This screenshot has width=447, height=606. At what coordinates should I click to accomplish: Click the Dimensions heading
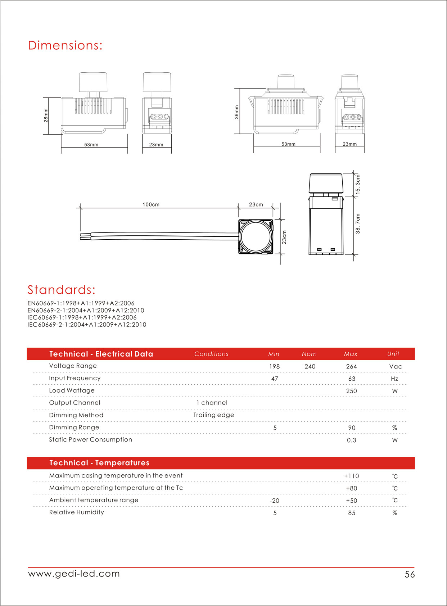point(65,45)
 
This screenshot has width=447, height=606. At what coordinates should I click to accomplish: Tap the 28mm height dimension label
point(46,116)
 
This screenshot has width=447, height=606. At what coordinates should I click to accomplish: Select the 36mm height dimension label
point(236,112)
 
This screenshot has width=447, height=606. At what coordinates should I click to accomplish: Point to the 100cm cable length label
point(151,204)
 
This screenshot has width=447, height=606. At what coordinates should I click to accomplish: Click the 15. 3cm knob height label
point(358,185)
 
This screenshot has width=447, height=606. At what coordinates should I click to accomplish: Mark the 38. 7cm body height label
point(358,224)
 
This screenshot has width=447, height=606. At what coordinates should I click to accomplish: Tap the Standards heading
point(62,290)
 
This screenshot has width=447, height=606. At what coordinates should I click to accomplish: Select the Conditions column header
point(211,354)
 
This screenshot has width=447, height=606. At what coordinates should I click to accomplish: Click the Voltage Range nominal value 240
point(310,366)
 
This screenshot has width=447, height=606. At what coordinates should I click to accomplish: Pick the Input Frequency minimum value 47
point(275,379)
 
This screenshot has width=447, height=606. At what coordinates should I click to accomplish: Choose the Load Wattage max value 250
point(352,391)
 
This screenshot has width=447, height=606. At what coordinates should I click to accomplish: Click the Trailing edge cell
point(213,415)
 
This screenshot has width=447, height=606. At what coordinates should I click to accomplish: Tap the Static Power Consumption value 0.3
point(352,440)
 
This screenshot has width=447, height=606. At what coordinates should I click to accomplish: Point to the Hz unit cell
point(394,379)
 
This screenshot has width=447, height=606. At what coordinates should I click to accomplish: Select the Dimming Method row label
point(76,415)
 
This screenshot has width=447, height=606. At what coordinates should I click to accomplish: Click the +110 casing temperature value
point(352,476)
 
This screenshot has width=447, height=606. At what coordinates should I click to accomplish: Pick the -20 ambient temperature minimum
point(275,501)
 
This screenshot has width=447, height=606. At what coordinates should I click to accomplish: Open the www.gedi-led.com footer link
point(74,574)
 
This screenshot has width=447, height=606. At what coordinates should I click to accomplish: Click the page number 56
point(410,574)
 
